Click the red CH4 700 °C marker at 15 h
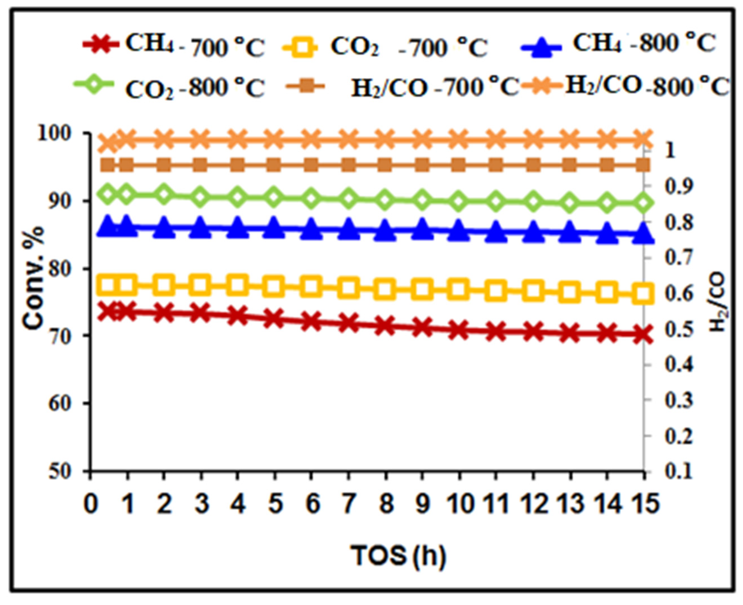pyautogui.click(x=642, y=335)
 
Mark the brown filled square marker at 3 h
pyautogui.click(x=200, y=165)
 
